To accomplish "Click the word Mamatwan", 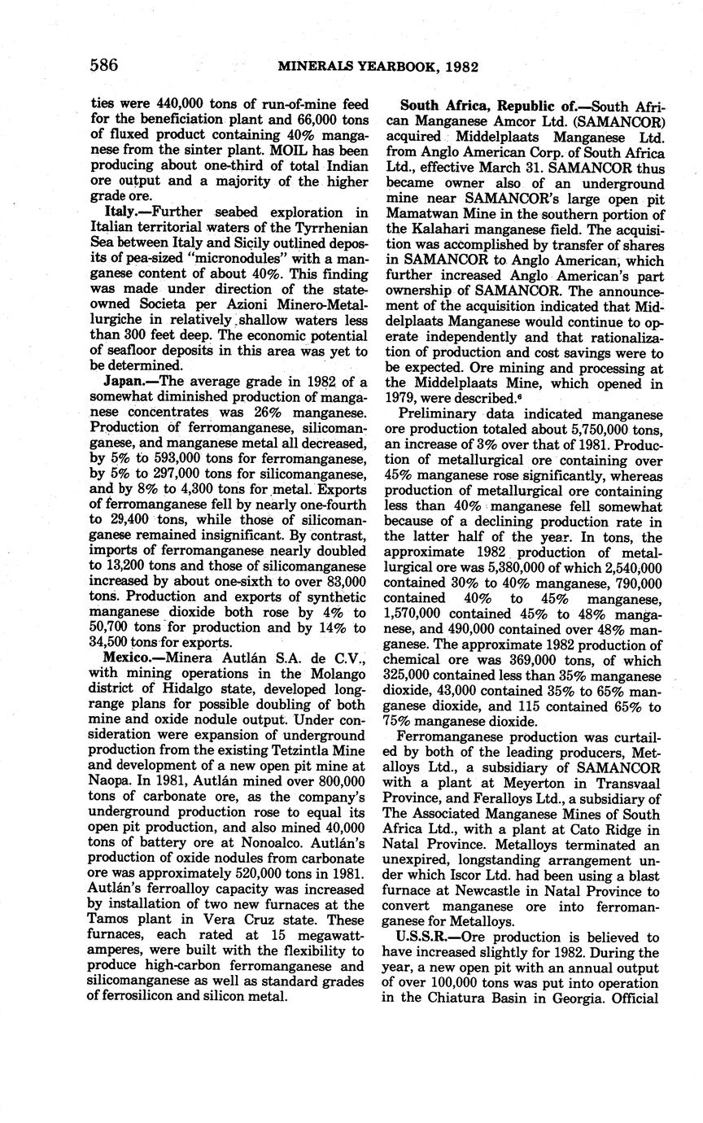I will [421, 215].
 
